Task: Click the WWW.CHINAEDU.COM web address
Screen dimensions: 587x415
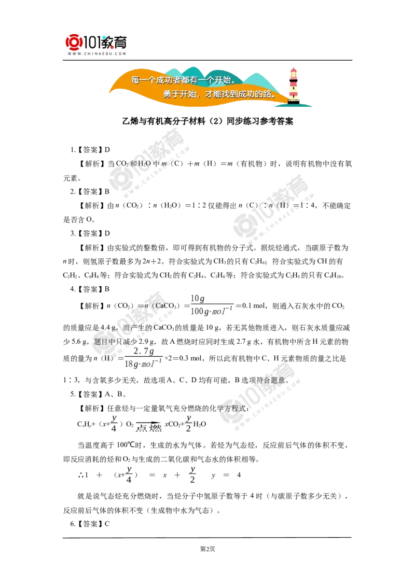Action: point(96,53)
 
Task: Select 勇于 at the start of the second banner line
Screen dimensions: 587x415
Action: point(171,94)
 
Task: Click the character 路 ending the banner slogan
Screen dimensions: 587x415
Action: point(272,94)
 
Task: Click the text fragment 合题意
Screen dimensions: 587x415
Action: point(275,381)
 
